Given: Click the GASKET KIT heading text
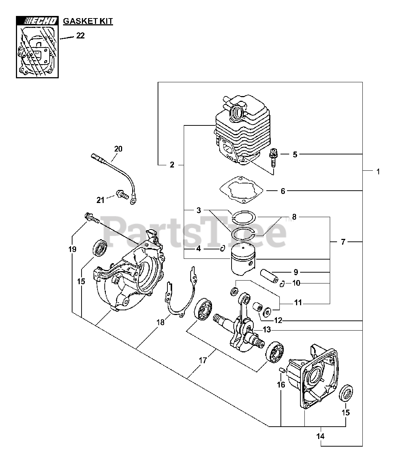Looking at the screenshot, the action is pyautogui.click(x=88, y=21).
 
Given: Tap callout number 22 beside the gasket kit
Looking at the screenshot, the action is pyautogui.click(x=80, y=36).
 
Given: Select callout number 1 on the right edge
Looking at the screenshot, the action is pyautogui.click(x=378, y=171).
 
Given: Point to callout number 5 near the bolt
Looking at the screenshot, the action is pyautogui.click(x=295, y=154).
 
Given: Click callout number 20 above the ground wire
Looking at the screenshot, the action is pyautogui.click(x=118, y=149).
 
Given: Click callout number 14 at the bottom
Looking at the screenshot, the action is pyautogui.click(x=320, y=436).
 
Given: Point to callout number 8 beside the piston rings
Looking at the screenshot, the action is pyautogui.click(x=294, y=217).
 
